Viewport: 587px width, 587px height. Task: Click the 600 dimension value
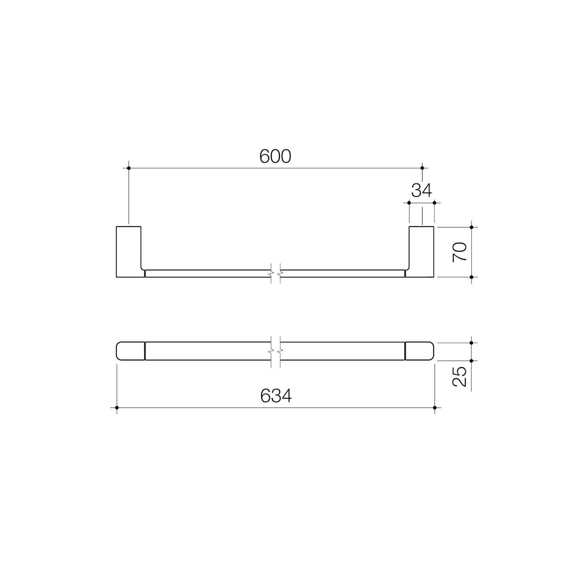click(275, 157)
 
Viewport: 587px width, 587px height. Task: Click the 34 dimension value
click(422, 191)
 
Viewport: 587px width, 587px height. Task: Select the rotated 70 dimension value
click(460, 252)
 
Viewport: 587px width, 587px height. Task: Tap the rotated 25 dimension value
click(460, 377)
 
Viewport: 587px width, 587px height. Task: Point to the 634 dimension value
click(276, 396)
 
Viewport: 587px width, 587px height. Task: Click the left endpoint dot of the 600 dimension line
click(129, 168)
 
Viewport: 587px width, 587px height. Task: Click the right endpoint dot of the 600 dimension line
click(422, 168)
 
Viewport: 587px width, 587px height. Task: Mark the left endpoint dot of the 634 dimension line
click(117, 408)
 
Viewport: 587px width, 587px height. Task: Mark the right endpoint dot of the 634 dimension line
click(435, 408)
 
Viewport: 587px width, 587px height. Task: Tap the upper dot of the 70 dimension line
click(471, 227)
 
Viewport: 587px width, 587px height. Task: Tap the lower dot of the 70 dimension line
click(471, 277)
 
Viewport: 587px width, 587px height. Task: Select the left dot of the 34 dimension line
click(409, 202)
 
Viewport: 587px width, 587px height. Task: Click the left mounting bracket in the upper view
click(128, 251)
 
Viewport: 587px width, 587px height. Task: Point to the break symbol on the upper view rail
click(276, 273)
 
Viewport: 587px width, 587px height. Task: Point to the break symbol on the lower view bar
click(276, 351)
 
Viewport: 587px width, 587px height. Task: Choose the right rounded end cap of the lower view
click(420, 351)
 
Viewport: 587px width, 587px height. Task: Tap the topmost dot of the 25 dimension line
click(471, 343)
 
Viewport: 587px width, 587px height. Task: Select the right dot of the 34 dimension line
click(434, 202)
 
